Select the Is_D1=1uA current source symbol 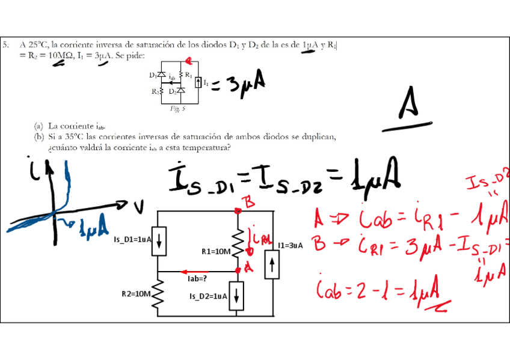pos(158,240)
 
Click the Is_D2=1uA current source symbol pos(238,296)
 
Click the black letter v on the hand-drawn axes pos(140,207)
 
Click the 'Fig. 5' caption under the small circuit pos(177,109)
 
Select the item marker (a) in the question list pos(38,126)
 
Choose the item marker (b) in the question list pos(38,137)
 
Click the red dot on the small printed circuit pos(188,60)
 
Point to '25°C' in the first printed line pos(37,44)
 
